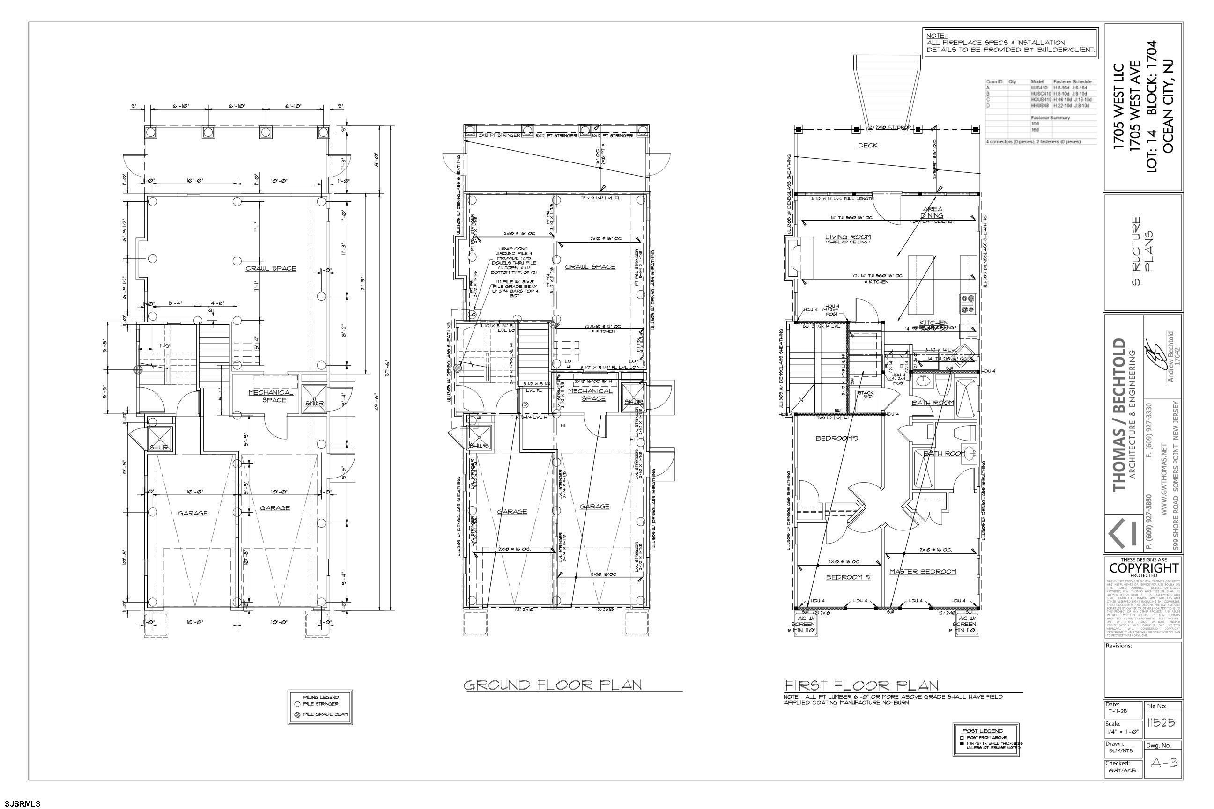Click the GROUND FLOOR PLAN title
coord(552,685)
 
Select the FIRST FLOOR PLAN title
coord(861,685)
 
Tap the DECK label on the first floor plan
coord(868,146)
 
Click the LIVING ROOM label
coord(848,237)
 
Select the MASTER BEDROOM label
coord(923,572)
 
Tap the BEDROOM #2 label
coord(848,577)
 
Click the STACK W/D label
coord(866,395)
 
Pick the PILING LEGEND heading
coord(320,697)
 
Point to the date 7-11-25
coord(1117,711)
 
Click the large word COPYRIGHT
coord(1144,568)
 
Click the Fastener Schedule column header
coord(1073,82)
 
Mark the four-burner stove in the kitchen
coord(967,304)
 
